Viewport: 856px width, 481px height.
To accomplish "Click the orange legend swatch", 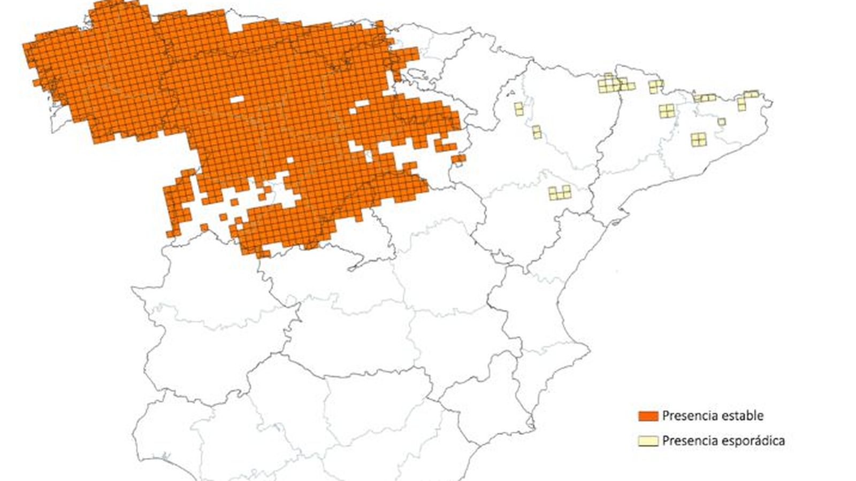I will click(x=647, y=416).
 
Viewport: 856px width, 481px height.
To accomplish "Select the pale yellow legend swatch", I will click(x=647, y=441).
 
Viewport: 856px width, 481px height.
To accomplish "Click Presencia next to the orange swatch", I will click(x=685, y=416).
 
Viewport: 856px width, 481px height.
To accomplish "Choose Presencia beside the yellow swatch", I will click(x=685, y=441).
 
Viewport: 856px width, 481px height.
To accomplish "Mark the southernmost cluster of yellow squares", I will click(x=560, y=192).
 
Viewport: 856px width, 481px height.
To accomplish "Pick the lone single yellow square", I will click(x=721, y=122).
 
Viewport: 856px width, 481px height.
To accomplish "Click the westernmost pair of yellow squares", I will click(x=518, y=109).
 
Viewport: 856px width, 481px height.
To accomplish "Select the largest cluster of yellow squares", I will click(x=613, y=84).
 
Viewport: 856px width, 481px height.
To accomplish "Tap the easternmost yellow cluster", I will click(x=746, y=99).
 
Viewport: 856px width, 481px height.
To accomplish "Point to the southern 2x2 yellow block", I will click(x=698, y=139).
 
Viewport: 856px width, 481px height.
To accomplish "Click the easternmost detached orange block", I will click(x=458, y=159).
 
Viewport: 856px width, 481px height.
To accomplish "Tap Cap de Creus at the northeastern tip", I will click(x=770, y=100).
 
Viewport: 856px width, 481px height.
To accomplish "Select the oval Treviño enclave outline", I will click(x=415, y=72).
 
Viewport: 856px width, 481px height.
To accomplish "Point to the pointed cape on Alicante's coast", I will click(x=588, y=350).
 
